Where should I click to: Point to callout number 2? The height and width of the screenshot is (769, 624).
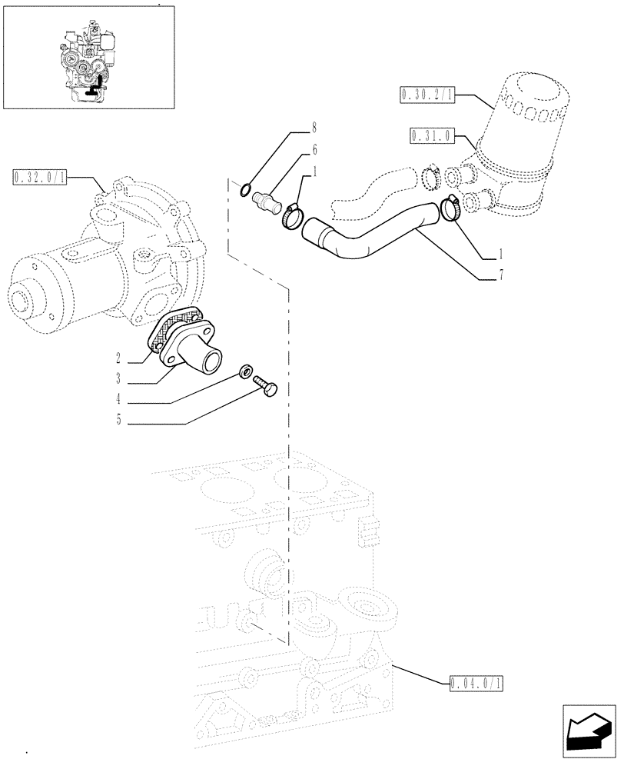point(119,358)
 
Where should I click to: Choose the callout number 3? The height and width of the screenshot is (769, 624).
point(119,379)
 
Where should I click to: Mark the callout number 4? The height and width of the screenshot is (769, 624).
point(119,400)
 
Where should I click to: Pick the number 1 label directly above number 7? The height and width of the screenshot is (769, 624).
point(501,253)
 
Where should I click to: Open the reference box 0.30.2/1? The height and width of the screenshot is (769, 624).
point(427,95)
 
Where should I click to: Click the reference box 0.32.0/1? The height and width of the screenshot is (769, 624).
point(40,178)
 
